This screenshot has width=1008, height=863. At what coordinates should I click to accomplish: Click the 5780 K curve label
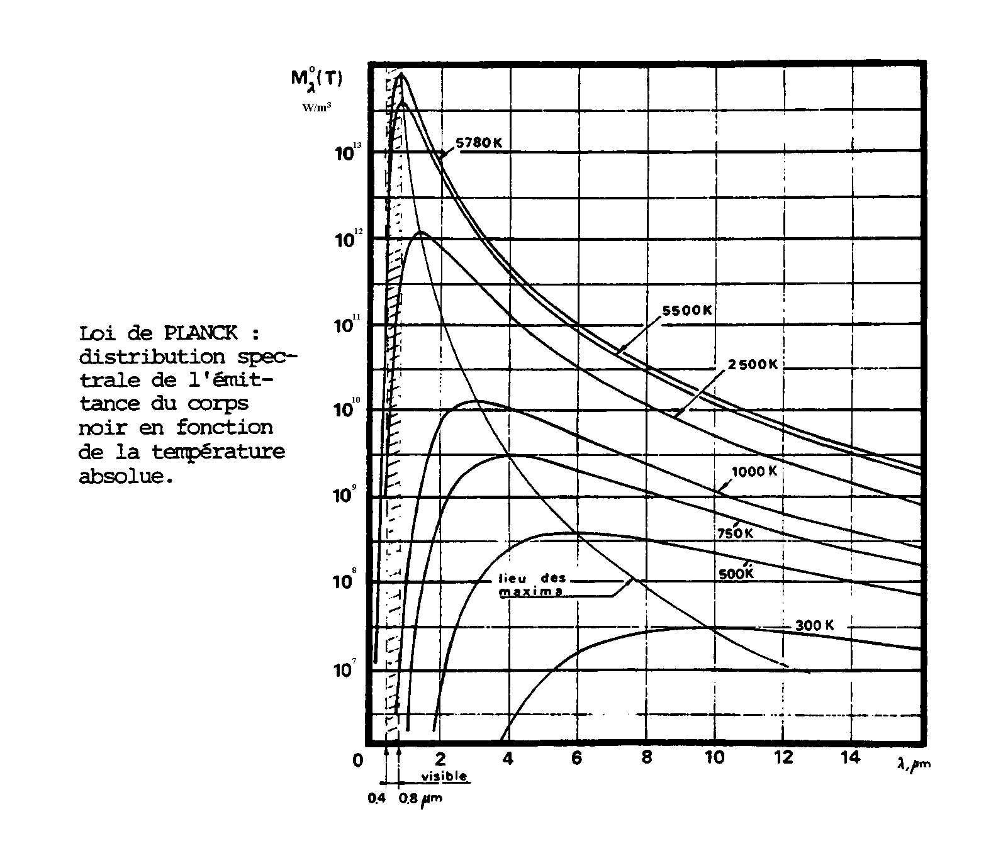479,143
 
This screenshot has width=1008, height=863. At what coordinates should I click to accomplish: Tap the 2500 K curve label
753,364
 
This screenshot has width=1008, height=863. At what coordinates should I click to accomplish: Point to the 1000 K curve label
754,471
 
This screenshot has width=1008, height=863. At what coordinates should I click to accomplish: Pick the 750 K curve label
735,533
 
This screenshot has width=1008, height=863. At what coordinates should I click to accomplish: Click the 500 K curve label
736,574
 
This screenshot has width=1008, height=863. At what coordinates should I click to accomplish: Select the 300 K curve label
814,625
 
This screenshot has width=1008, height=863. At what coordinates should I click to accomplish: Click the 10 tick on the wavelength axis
714,757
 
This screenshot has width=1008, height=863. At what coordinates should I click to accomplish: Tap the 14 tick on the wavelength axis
850,757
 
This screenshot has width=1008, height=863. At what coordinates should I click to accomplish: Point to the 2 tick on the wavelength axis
441,757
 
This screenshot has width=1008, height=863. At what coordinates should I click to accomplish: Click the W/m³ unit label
316,107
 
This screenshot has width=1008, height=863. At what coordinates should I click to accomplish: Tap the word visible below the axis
444,776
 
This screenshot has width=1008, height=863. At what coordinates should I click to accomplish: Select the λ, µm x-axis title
914,764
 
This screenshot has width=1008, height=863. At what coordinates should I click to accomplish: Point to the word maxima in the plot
530,592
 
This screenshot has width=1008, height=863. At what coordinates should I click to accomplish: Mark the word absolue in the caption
125,476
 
